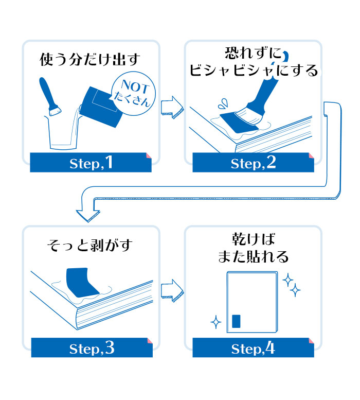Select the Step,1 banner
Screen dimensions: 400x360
91,163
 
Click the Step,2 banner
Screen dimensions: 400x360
253,163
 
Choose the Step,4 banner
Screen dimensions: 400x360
253,348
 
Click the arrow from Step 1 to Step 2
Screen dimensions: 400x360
172,106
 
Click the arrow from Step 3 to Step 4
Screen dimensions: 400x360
172,291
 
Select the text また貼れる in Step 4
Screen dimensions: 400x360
253,256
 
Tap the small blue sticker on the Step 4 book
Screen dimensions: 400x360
236,321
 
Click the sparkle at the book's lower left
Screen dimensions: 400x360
216,323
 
